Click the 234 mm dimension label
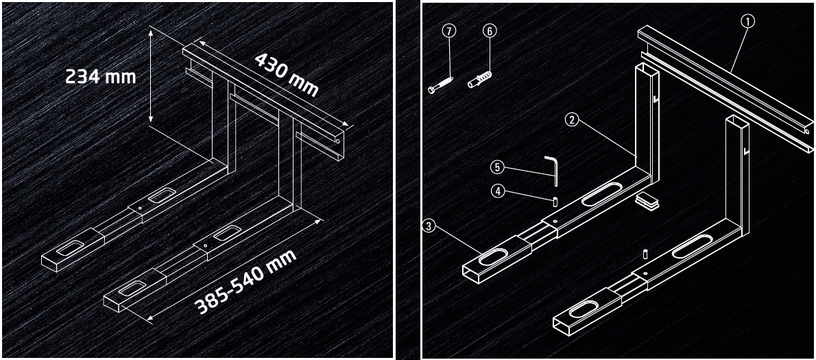[100, 77]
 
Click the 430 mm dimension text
[286, 74]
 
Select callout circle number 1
[747, 21]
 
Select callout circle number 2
[572, 119]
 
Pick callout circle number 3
[429, 226]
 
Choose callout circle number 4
[498, 191]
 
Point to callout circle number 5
[497, 167]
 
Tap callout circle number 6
[489, 31]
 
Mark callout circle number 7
[449, 31]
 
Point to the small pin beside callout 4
[555, 201]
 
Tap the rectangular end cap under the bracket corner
[648, 200]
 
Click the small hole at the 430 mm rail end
[338, 141]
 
